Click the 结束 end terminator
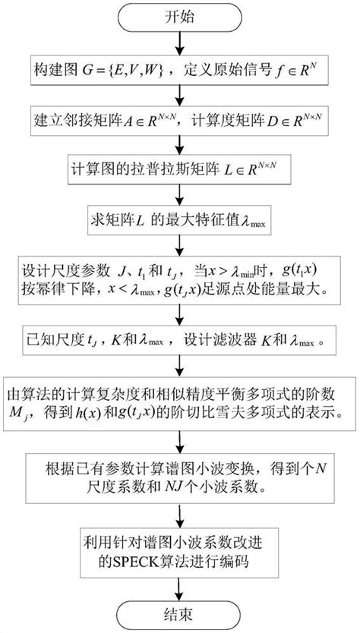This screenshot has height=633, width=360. click(x=179, y=613)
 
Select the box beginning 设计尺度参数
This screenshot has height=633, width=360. click(x=179, y=283)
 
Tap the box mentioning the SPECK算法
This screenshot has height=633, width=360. click(x=179, y=553)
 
